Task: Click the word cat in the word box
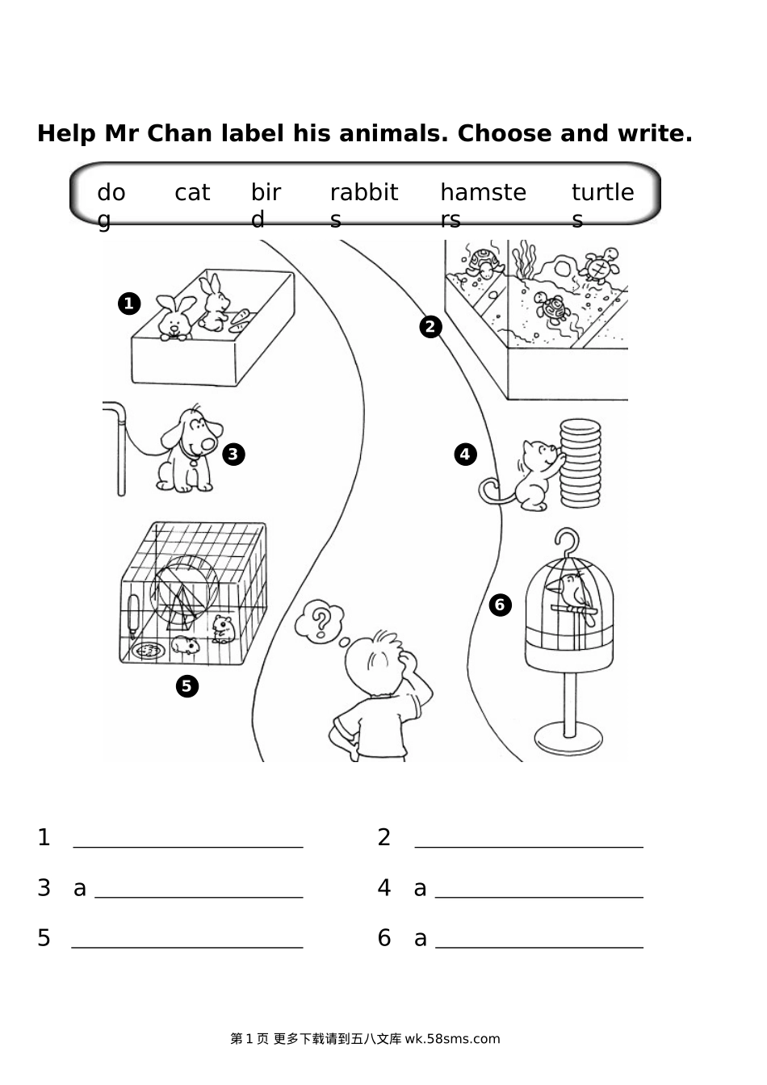[x=192, y=192]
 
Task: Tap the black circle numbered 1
[x=129, y=304]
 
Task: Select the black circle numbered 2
[x=431, y=327]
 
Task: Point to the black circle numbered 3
[x=233, y=455]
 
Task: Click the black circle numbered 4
[x=465, y=455]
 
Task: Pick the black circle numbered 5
[x=187, y=686]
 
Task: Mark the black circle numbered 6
[x=500, y=605]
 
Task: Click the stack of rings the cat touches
[x=580, y=463]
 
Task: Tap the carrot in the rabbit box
[x=240, y=320]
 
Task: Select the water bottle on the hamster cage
[x=132, y=616]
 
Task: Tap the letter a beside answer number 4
[x=420, y=889]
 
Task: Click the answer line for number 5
[x=187, y=948]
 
